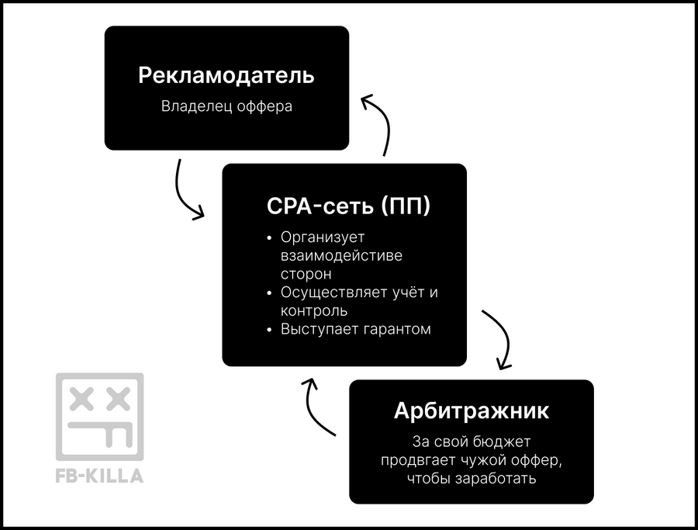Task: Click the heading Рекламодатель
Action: click(x=226, y=75)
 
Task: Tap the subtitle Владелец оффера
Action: click(x=226, y=106)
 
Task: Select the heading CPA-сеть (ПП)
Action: click(x=348, y=206)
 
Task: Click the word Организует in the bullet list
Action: click(x=323, y=237)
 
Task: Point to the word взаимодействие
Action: click(x=341, y=255)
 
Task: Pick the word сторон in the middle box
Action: click(x=306, y=274)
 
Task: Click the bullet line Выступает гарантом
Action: click(x=355, y=329)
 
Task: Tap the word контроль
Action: click(x=314, y=311)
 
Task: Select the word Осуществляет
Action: click(x=333, y=293)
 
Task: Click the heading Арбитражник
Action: click(x=472, y=410)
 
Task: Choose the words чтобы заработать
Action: click(x=472, y=478)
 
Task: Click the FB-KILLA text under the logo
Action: click(x=100, y=476)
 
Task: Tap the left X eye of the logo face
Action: click(x=81, y=399)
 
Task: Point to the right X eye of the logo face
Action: click(x=118, y=399)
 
